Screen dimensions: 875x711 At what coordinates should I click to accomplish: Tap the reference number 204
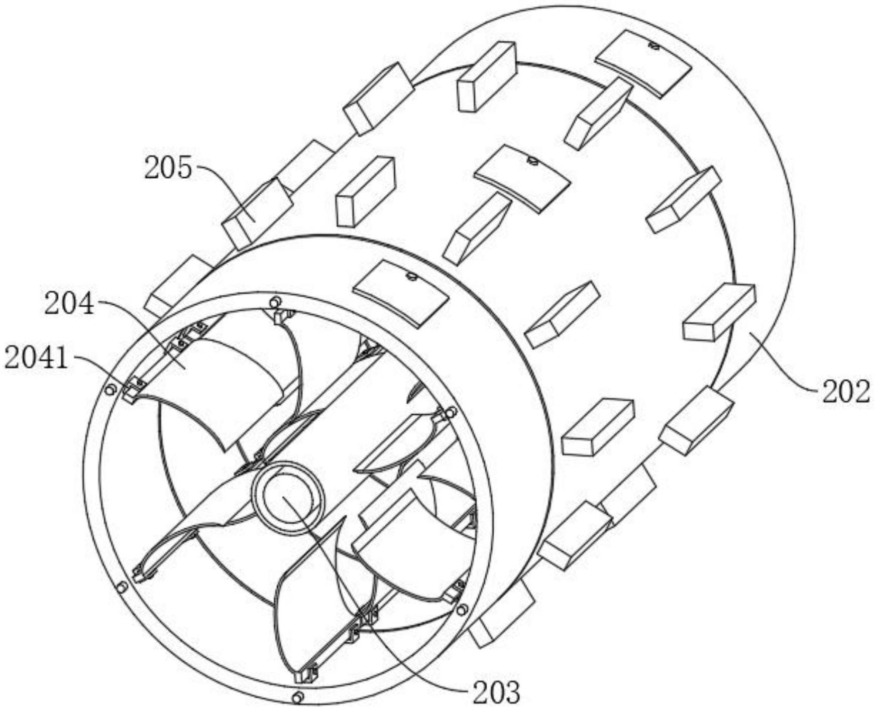[x=69, y=304]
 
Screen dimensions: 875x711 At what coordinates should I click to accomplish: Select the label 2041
[x=36, y=359]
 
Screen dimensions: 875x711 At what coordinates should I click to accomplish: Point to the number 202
[x=845, y=392]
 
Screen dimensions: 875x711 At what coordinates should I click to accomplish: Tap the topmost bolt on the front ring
[x=274, y=302]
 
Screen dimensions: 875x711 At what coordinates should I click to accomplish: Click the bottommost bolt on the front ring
[x=297, y=696]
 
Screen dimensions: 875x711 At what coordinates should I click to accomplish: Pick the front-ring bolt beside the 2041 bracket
[x=111, y=389]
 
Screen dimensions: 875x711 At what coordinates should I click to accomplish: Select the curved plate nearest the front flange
[x=400, y=293]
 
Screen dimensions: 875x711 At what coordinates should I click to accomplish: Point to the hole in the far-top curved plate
[x=653, y=46]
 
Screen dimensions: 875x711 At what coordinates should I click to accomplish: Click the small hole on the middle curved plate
[x=532, y=161]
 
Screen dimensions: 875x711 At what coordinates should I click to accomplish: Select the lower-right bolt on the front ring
[x=462, y=610]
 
